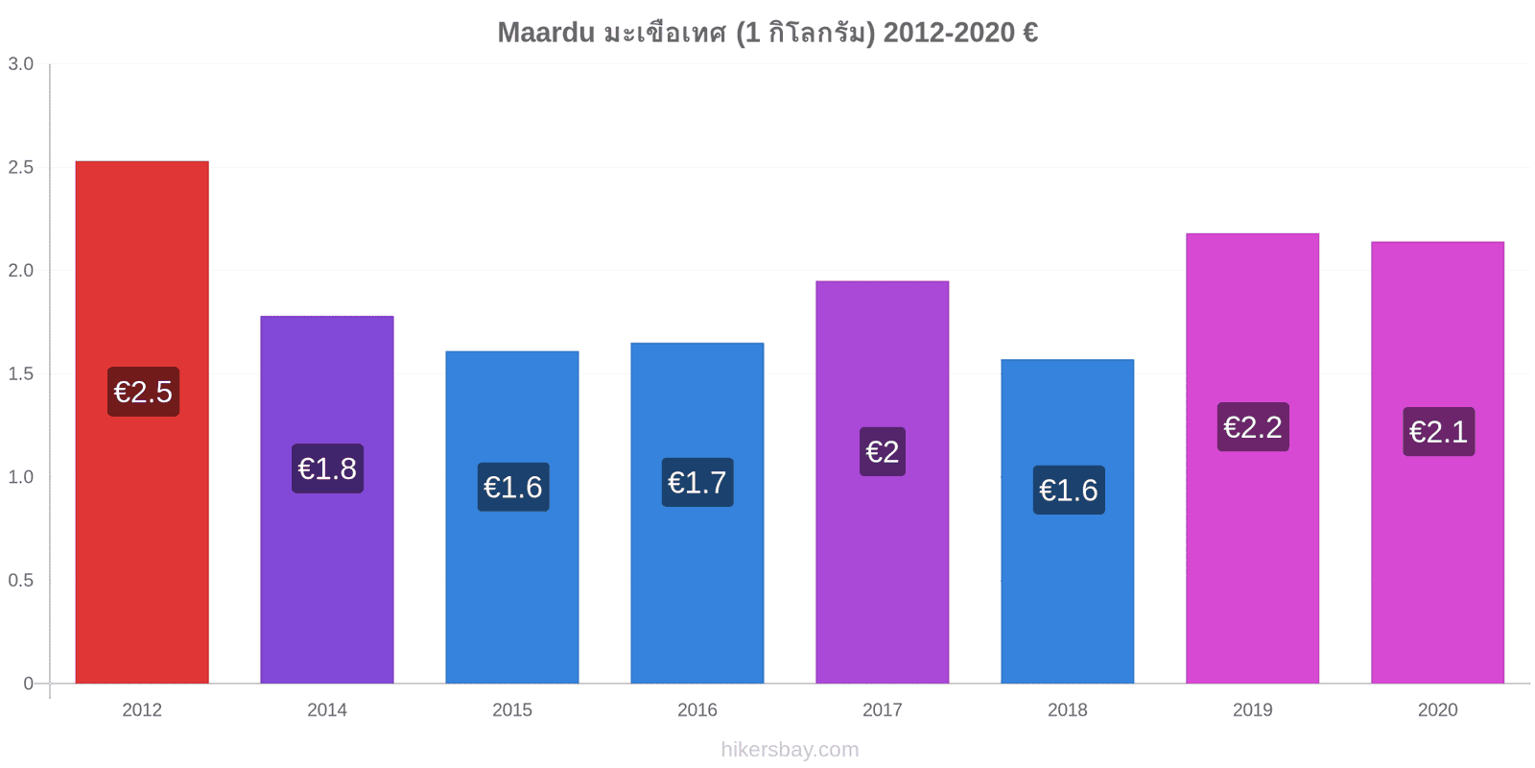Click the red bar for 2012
[142, 421]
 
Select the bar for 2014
[327, 499]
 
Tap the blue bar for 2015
[512, 517]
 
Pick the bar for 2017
[882, 482]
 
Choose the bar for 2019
[1253, 458]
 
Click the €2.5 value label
[143, 392]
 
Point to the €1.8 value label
[327, 468]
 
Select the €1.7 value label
[697, 482]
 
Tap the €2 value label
[883, 451]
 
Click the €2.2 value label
[1253, 426]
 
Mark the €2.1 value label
[1439, 431]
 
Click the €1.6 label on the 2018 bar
[1069, 490]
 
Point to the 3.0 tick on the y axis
[20, 63]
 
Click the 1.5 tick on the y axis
[20, 373]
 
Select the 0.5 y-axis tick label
[20, 580]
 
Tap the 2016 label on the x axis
[697, 709]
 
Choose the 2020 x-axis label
[1438, 709]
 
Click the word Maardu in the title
[546, 33]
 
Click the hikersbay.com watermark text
[791, 750]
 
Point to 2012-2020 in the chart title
[949, 33]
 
